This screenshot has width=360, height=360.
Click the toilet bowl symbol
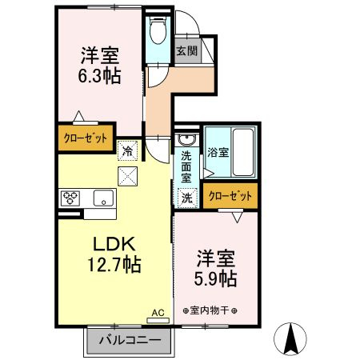(x=158, y=30)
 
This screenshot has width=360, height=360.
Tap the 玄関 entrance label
(x=187, y=50)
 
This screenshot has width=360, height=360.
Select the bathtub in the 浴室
(x=243, y=152)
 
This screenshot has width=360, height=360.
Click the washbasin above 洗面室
(x=187, y=139)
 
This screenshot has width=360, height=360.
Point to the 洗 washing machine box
(x=187, y=198)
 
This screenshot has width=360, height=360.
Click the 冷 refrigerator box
(x=127, y=151)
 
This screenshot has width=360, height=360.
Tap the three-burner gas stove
(x=70, y=198)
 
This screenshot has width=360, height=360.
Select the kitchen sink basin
(x=103, y=198)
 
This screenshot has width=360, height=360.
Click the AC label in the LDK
(x=158, y=313)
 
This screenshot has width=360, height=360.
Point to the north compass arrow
(x=290, y=338)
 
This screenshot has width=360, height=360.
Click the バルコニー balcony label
(x=130, y=340)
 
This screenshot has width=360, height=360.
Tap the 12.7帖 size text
(x=114, y=264)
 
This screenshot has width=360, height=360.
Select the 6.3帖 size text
(x=99, y=76)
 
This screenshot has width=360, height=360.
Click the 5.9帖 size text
(x=215, y=278)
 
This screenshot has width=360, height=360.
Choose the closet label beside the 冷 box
(x=86, y=138)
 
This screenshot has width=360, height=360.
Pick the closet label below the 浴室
(x=230, y=196)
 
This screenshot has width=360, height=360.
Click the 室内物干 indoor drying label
(x=210, y=310)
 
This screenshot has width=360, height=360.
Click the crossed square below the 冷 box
(x=127, y=176)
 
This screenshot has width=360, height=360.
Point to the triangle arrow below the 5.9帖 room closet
(x=238, y=218)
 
